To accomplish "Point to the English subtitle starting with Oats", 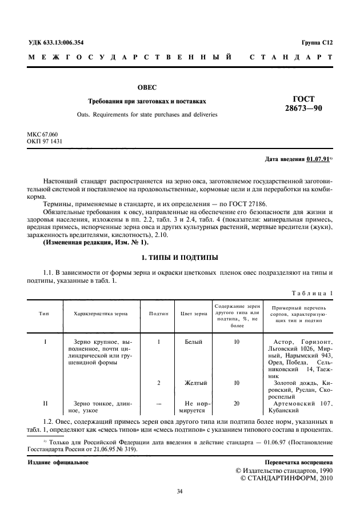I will click(x=147, y=114).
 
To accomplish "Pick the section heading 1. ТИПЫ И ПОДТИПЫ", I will click(x=179, y=258).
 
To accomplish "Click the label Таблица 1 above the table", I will click(x=312, y=293).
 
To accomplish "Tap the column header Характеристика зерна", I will click(x=101, y=314).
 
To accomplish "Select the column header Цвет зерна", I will click(x=194, y=314).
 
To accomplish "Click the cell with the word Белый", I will click(x=194, y=342).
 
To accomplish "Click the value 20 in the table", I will click(x=237, y=403).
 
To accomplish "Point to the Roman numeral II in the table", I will click(x=45, y=403).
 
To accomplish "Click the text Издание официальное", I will click(x=58, y=461).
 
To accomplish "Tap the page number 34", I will click(x=179, y=491).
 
